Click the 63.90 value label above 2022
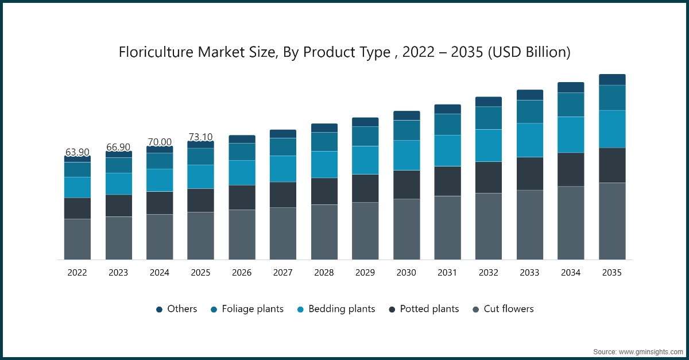tap(77, 152)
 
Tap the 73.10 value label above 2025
tap(200, 137)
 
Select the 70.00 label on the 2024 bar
tap(160, 142)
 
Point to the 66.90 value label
tap(118, 148)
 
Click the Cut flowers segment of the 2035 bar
tap(612, 221)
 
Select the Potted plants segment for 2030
tap(407, 184)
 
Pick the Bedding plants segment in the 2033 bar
tap(530, 140)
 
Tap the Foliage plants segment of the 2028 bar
tap(324, 142)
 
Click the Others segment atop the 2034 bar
tap(571, 87)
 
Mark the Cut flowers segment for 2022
tap(77, 239)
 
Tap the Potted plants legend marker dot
tap(392, 309)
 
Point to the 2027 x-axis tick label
tap(283, 273)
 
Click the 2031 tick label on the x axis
tap(447, 273)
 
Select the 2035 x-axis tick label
tap(612, 273)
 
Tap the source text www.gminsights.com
tap(651, 351)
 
